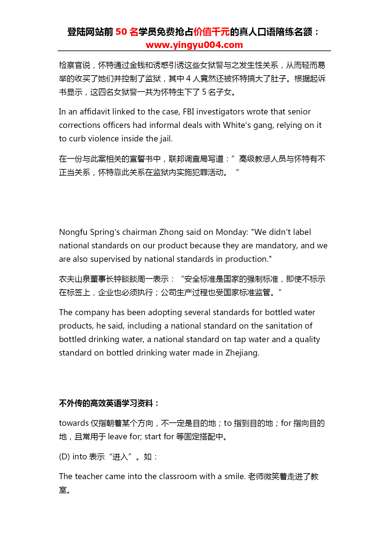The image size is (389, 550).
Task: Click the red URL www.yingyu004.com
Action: (x=194, y=45)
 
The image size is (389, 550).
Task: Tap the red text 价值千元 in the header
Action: (x=212, y=32)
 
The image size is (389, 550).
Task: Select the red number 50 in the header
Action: (x=121, y=32)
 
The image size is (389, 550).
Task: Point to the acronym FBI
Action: (x=188, y=112)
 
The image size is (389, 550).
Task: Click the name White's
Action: (x=237, y=125)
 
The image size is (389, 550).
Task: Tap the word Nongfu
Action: (x=73, y=232)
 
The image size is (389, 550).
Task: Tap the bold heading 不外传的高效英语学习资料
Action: (x=106, y=403)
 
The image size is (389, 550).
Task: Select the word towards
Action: (x=74, y=423)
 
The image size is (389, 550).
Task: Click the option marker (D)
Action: (x=64, y=457)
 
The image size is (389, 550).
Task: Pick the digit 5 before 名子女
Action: (x=204, y=92)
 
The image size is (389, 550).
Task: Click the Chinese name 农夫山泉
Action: (x=75, y=279)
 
